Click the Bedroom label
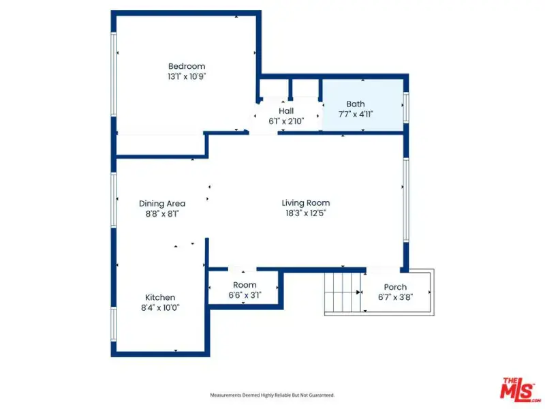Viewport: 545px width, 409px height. point(187,66)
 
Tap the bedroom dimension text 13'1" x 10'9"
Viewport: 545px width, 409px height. point(187,76)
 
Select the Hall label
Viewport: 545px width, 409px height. point(286,111)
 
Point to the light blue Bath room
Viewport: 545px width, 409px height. point(363,106)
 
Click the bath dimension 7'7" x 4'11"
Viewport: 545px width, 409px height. point(356,115)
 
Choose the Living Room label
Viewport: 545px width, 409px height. point(306,202)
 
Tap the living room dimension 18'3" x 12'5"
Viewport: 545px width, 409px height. point(306,213)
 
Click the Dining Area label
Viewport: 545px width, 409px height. point(162,203)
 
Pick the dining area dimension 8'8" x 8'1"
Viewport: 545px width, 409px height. point(162,214)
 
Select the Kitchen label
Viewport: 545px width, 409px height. point(160,297)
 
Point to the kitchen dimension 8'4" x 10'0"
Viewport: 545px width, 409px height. point(160,308)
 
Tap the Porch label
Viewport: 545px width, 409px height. point(395,287)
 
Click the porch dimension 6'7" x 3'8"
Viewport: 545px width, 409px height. point(395,297)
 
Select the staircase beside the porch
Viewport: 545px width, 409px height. point(343,292)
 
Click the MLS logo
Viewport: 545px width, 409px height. point(519,389)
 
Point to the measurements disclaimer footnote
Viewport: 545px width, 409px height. point(272,395)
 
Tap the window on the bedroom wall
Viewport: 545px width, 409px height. point(113,74)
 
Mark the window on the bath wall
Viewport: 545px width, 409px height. point(405,107)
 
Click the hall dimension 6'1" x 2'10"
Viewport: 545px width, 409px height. point(286,121)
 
